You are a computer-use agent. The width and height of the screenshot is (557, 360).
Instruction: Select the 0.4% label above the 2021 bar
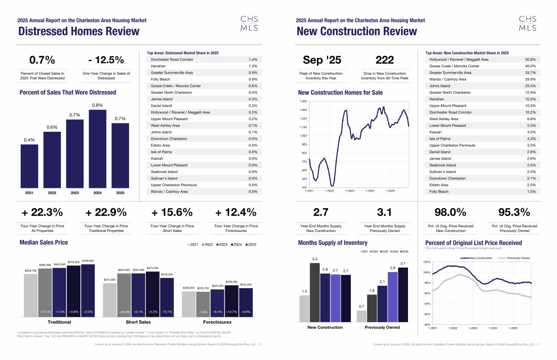[29, 140]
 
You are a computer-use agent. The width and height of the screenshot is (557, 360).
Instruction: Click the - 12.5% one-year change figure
[106, 60]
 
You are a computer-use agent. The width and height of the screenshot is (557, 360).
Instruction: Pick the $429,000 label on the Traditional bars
[88, 261]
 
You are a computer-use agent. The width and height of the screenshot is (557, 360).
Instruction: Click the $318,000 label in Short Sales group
[167, 275]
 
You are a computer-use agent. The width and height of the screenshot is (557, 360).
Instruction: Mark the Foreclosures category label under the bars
[217, 321]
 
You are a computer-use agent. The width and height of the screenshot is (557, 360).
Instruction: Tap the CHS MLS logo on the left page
[246, 23]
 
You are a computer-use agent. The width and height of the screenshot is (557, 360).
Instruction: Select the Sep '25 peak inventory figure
[322, 60]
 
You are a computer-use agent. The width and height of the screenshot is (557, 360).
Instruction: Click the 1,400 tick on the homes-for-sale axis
[303, 101]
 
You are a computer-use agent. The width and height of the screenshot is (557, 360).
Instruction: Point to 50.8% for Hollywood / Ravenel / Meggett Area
[530, 59]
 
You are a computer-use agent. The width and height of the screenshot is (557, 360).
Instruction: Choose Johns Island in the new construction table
[440, 86]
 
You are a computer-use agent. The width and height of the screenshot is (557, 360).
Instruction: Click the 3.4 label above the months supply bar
[315, 259]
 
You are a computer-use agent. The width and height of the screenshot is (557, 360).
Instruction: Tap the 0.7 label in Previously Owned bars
[361, 307]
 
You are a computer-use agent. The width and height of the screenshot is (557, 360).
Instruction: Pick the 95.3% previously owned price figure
[514, 212]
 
